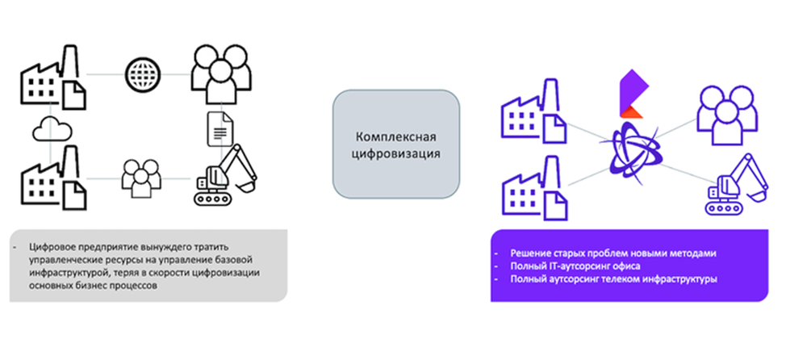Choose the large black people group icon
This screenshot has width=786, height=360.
pos(218,73)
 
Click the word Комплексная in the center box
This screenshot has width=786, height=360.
pos(396,136)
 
